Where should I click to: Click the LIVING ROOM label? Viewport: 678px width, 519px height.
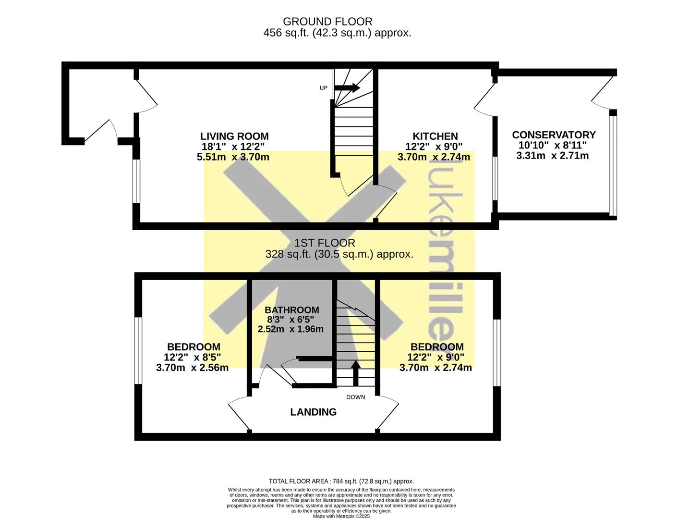(234, 136)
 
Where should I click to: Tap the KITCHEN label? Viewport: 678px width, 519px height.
(435, 136)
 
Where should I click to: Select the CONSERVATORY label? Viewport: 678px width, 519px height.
(554, 135)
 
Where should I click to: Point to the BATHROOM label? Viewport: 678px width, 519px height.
(292, 310)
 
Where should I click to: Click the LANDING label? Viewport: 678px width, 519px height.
(313, 412)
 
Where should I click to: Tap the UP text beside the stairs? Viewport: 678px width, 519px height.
(323, 88)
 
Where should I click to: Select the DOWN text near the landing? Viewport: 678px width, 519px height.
(355, 397)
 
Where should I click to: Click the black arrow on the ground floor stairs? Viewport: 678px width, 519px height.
(347, 88)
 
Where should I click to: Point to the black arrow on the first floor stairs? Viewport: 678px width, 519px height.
(355, 373)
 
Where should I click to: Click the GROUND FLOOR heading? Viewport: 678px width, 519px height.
(327, 22)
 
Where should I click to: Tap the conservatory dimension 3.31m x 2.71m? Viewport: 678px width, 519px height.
(552, 155)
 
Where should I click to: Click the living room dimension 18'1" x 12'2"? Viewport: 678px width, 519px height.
(233, 146)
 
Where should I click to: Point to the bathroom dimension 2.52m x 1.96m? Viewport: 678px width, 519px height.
(291, 329)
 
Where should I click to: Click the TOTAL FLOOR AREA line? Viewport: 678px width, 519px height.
(341, 482)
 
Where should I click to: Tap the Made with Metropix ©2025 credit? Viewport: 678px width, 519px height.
(341, 516)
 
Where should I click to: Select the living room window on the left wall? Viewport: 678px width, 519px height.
(136, 181)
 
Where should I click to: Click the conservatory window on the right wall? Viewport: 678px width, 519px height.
(613, 165)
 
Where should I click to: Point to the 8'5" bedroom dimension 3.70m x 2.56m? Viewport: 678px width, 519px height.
(192, 368)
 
